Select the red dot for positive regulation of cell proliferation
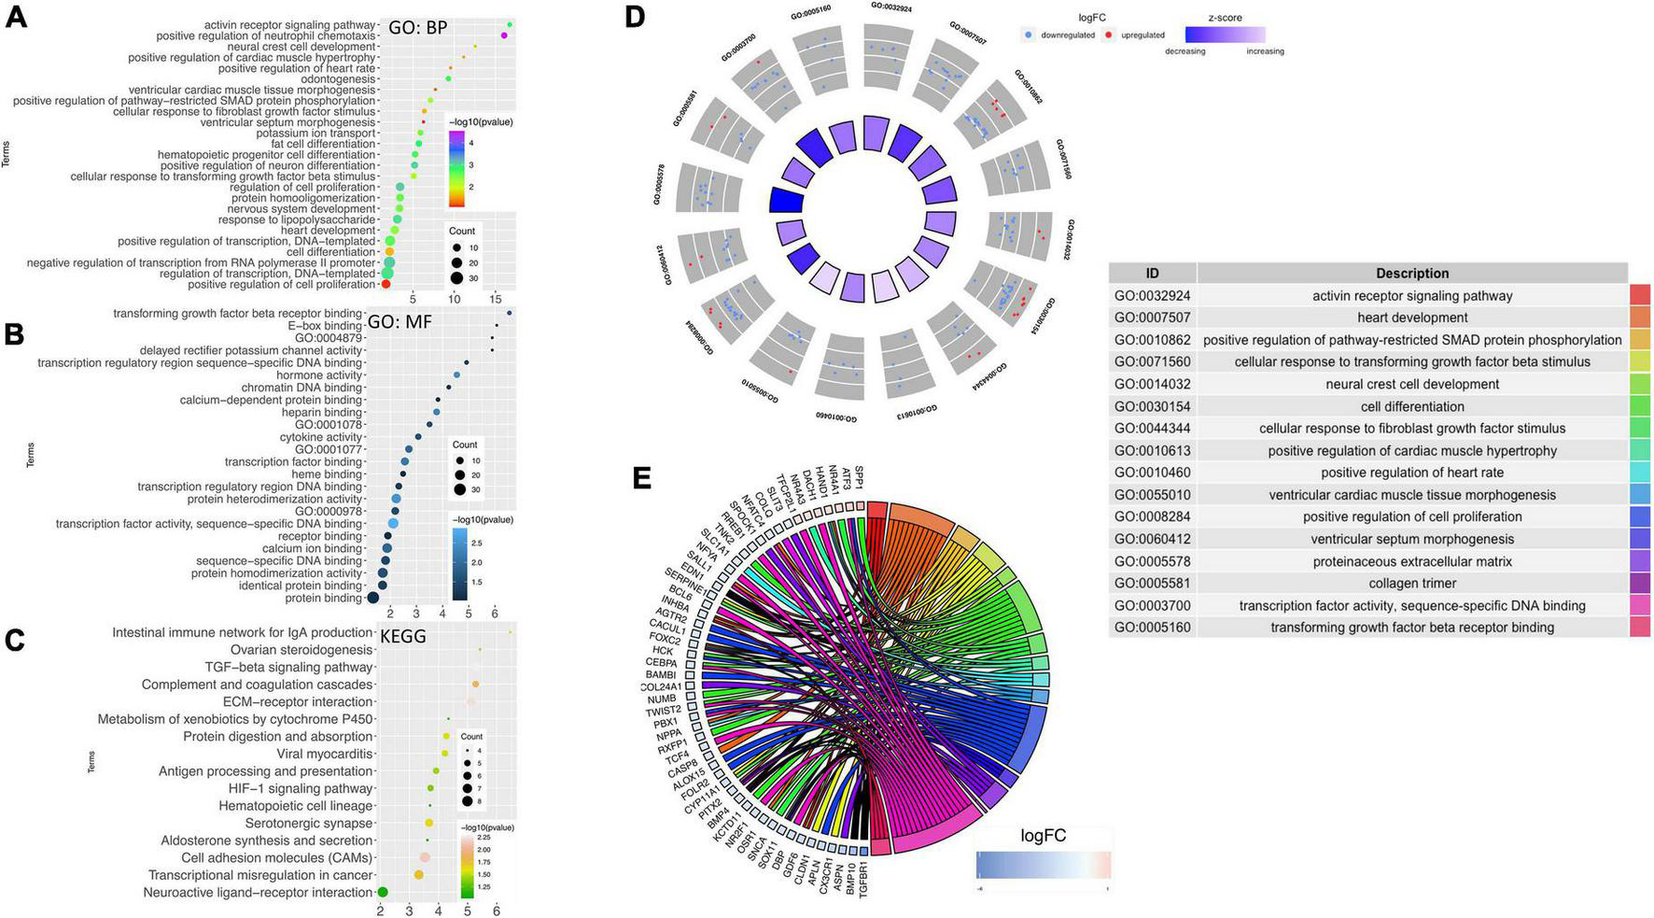click(385, 284)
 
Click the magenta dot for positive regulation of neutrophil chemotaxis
click(504, 35)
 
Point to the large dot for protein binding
click(372, 598)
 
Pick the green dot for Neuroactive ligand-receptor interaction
click(382, 893)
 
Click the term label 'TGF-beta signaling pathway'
click(288, 667)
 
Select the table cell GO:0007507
click(1152, 318)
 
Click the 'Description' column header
click(1411, 274)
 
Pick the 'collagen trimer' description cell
click(1411, 584)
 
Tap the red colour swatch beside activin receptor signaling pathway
click(1640, 295)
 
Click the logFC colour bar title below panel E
click(1043, 836)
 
